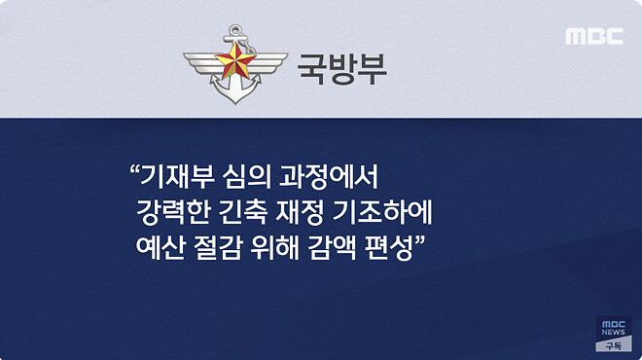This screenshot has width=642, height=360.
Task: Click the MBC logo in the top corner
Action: [593, 37]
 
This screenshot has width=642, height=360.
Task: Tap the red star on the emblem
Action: [236, 65]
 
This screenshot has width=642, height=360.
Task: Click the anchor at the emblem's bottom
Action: [236, 92]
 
